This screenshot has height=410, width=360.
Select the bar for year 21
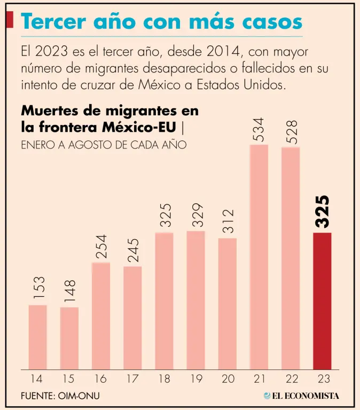tap(259, 257)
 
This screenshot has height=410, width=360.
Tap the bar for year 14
tap(37, 337)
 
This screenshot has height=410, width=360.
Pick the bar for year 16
tap(101, 316)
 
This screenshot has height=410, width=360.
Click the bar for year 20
tap(228, 303)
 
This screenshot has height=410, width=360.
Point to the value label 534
tap(259, 130)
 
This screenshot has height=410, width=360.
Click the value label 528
tap(291, 131)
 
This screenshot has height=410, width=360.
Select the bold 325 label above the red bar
tap(322, 212)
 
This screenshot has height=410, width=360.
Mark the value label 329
tap(196, 216)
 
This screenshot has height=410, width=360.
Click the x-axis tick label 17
tap(132, 379)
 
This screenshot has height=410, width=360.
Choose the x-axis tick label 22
tap(291, 379)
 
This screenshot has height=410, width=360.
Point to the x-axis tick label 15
tap(69, 379)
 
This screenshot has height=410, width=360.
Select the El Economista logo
tap(301, 396)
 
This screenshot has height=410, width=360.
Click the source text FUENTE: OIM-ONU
tap(60, 396)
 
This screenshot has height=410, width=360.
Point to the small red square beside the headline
tap(9, 20)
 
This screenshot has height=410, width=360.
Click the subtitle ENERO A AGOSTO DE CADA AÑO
tap(104, 145)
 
